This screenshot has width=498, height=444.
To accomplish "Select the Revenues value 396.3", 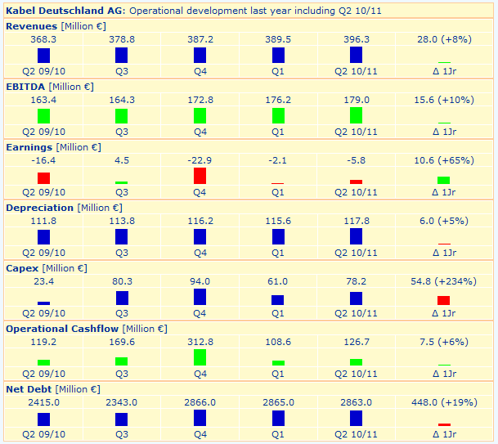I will coord(357,39).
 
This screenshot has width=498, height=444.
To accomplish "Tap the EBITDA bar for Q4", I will coord(200,115).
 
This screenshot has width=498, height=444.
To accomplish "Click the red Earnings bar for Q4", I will coord(200,176).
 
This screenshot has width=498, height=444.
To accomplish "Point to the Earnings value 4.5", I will coord(122,160).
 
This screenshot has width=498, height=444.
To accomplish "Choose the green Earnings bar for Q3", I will coord(122,182).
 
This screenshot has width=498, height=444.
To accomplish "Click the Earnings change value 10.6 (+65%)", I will coord(444,160).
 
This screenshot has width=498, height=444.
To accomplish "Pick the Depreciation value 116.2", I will coord(200,221).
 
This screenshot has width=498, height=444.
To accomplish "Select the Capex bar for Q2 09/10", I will coord(43,303).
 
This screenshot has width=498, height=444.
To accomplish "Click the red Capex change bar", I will coord(444,300).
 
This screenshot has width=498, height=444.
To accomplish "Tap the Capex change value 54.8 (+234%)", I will coord(444,281).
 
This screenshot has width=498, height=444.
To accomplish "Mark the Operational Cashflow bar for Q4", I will coord(200,357).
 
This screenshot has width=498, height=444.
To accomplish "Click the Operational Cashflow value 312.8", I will coord(200,342).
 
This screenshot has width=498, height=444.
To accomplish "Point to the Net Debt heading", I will coord(30,389).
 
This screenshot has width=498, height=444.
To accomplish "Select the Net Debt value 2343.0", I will coord(122,402).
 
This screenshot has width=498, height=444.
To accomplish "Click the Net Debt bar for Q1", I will coord(278,419).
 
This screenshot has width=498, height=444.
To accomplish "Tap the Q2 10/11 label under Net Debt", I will coord(357,434).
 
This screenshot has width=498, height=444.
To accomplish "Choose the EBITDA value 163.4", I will coord(43,100).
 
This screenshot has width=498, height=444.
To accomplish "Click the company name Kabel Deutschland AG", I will coord(65,11).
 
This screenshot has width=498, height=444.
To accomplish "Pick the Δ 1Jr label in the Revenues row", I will coord(444,71).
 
